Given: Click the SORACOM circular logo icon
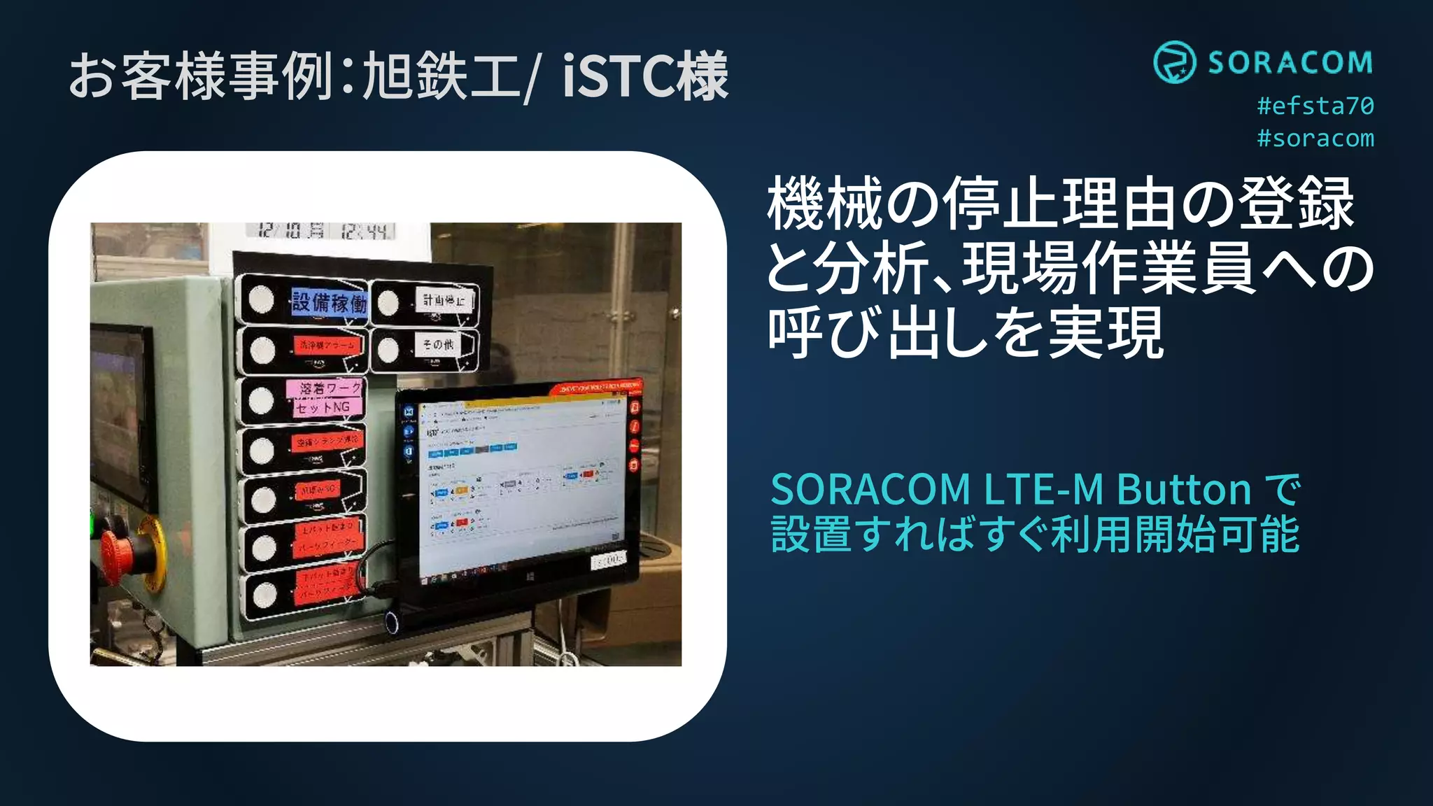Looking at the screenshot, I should point(1174,62).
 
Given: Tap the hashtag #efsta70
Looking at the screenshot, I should point(1315,106).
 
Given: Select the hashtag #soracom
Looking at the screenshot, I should point(1315,139).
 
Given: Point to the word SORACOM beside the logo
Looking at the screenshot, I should point(1290,63).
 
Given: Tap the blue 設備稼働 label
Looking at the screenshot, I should point(329,303).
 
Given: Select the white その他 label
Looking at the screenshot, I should point(439,344).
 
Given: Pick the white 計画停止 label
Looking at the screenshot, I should point(444,301).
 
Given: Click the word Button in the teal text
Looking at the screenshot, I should point(1184,489).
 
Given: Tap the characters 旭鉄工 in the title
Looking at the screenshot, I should point(441,76).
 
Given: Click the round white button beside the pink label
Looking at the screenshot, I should point(261,400).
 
